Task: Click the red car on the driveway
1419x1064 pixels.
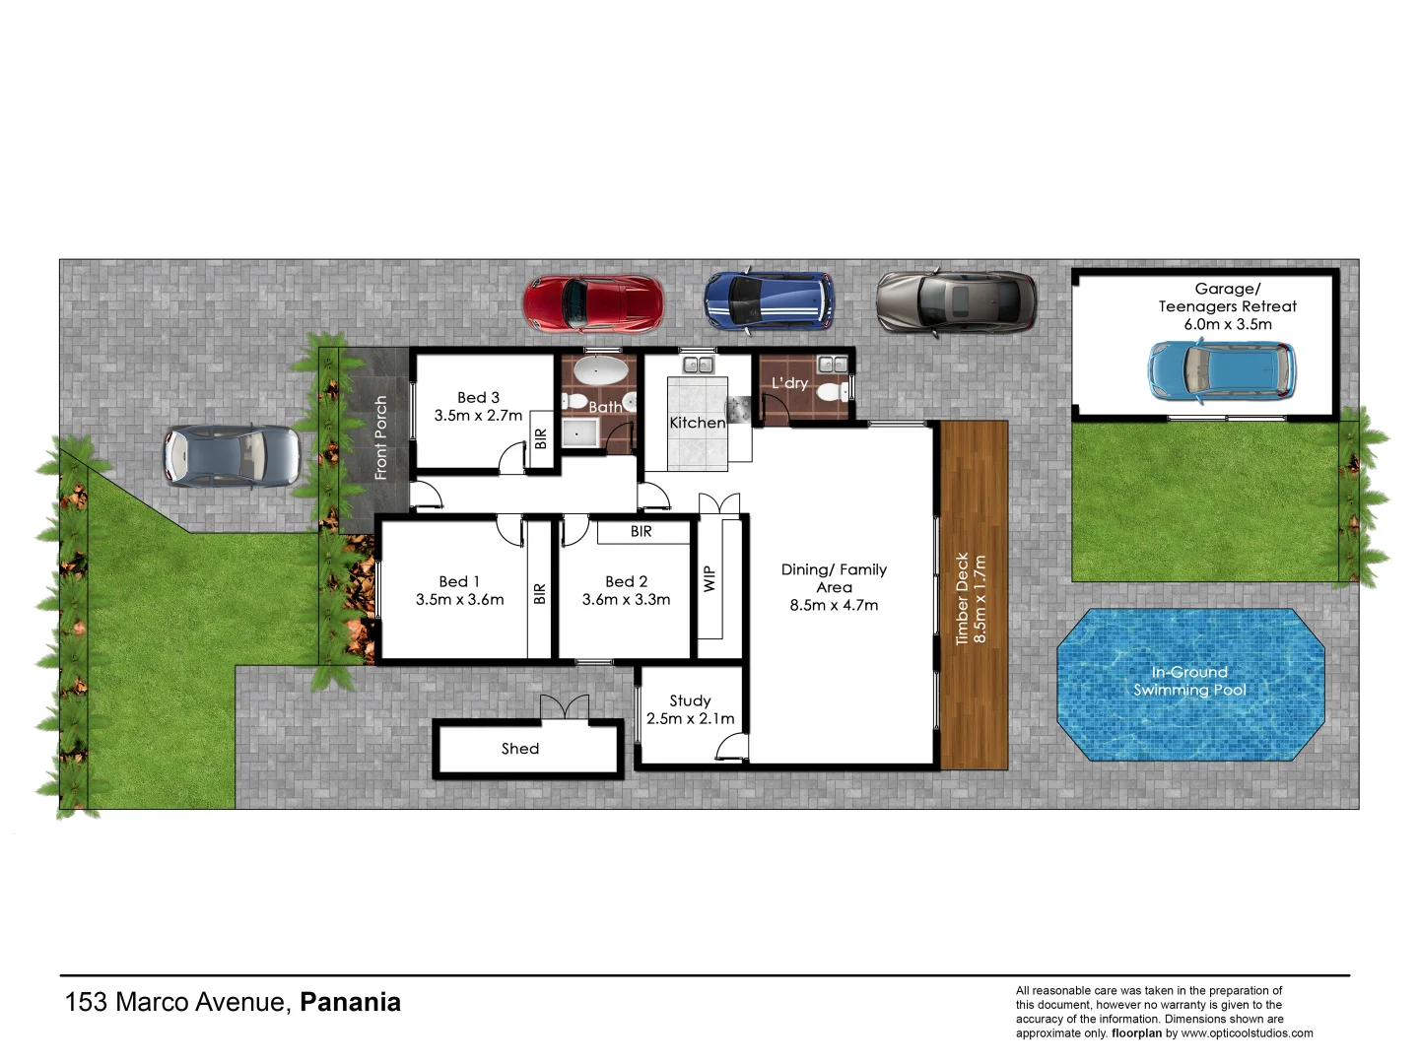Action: coord(592,303)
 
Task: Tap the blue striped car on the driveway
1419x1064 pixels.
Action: coord(769,300)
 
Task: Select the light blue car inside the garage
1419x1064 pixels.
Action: coord(1221,370)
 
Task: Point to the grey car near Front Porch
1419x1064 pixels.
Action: coord(232,456)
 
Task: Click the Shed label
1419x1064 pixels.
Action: coord(519,749)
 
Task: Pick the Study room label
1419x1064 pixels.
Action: coord(690,700)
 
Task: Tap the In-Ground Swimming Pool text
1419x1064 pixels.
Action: coord(1189,681)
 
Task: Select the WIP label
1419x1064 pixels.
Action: coord(709,579)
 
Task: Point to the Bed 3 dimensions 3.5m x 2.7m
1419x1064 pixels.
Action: coord(478,416)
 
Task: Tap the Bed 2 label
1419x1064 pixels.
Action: coord(626,581)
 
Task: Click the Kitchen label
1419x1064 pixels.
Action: coord(697,423)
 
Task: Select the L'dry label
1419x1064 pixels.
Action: coord(789,382)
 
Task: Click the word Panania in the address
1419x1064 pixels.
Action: coord(350,1002)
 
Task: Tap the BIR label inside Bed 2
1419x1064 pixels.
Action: coord(641,531)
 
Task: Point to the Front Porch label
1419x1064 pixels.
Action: coord(381,437)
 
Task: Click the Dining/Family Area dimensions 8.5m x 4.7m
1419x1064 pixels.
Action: coord(834,605)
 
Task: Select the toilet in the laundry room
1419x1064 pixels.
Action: coord(828,393)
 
